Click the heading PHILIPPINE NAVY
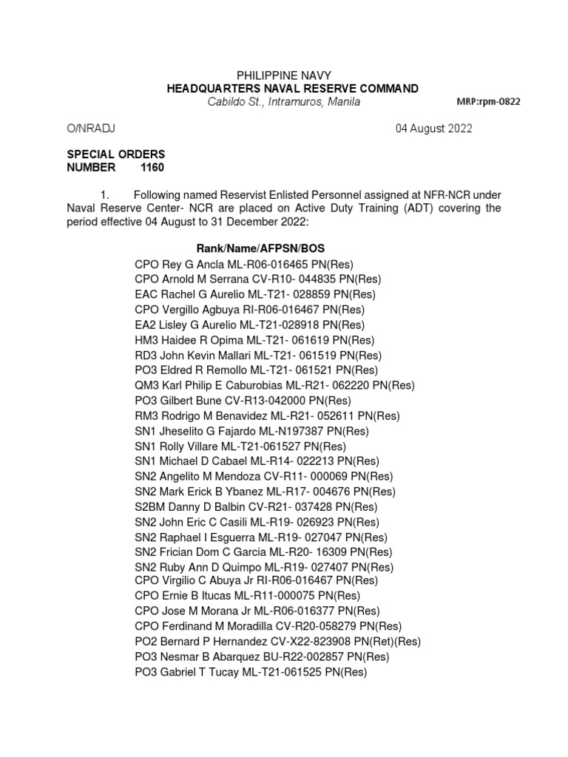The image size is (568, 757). pyautogui.click(x=283, y=75)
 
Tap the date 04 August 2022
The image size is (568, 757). pyautogui.click(x=434, y=129)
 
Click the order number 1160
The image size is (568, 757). pyautogui.click(x=153, y=168)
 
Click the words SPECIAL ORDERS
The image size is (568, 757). pyautogui.click(x=116, y=155)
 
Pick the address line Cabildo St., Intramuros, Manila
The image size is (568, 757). pyautogui.click(x=283, y=102)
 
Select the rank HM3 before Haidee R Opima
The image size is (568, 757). pyautogui.click(x=146, y=340)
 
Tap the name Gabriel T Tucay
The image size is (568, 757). pyautogui.click(x=197, y=672)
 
